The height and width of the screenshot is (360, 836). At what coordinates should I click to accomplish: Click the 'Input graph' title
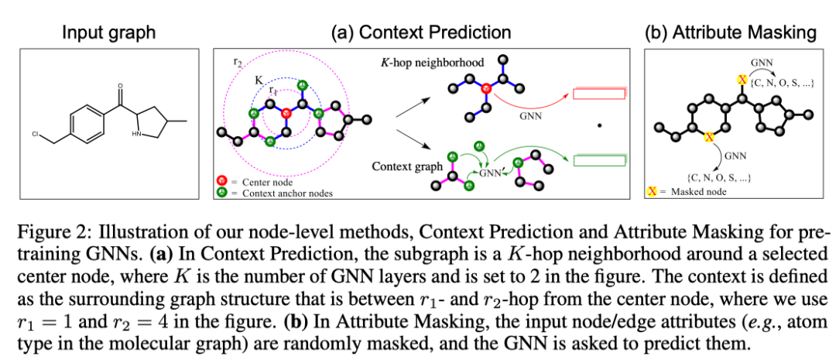tap(109, 32)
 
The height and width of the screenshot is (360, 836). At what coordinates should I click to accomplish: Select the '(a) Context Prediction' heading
tap(421, 32)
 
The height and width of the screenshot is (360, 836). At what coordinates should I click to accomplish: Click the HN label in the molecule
tap(137, 133)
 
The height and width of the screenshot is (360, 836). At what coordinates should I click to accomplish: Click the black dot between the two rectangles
tap(598, 125)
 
